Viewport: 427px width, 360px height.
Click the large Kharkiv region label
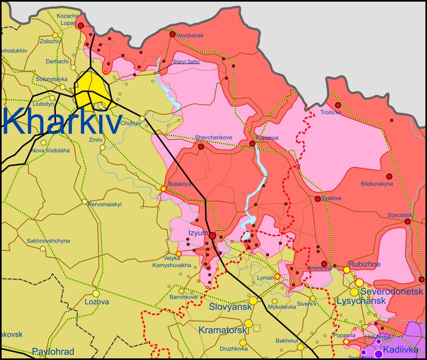click(x=61, y=121)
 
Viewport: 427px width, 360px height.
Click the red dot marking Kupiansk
click(x=252, y=144)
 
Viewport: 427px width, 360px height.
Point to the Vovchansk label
click(x=189, y=36)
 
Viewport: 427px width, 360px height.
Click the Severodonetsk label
click(x=389, y=292)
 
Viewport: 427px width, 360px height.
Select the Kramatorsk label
click(x=220, y=330)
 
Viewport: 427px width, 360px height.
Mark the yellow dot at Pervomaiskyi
click(x=85, y=202)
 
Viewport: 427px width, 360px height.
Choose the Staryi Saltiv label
click(x=186, y=61)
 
